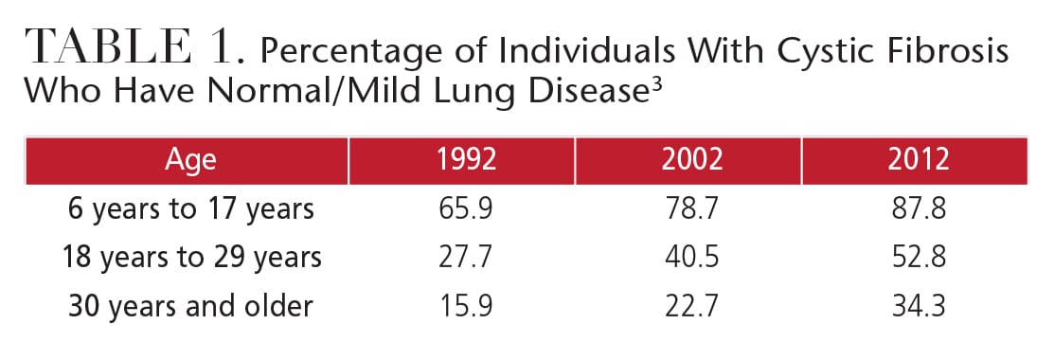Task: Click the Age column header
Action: coord(191,160)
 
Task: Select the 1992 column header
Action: coord(466,159)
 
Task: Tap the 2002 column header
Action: coord(691,159)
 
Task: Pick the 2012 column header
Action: coord(918,159)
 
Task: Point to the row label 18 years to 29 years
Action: coord(191,258)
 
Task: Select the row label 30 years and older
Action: coord(191,305)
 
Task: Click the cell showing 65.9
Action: coord(466,209)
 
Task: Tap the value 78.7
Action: coord(691,209)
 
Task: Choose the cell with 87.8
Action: coord(919,209)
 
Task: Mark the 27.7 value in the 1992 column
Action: coord(466,258)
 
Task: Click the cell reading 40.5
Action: coord(691,258)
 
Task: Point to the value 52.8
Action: coord(919,258)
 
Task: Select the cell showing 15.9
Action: coord(466,306)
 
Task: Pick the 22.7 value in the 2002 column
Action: coord(691,306)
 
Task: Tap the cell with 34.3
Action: coord(919,306)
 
